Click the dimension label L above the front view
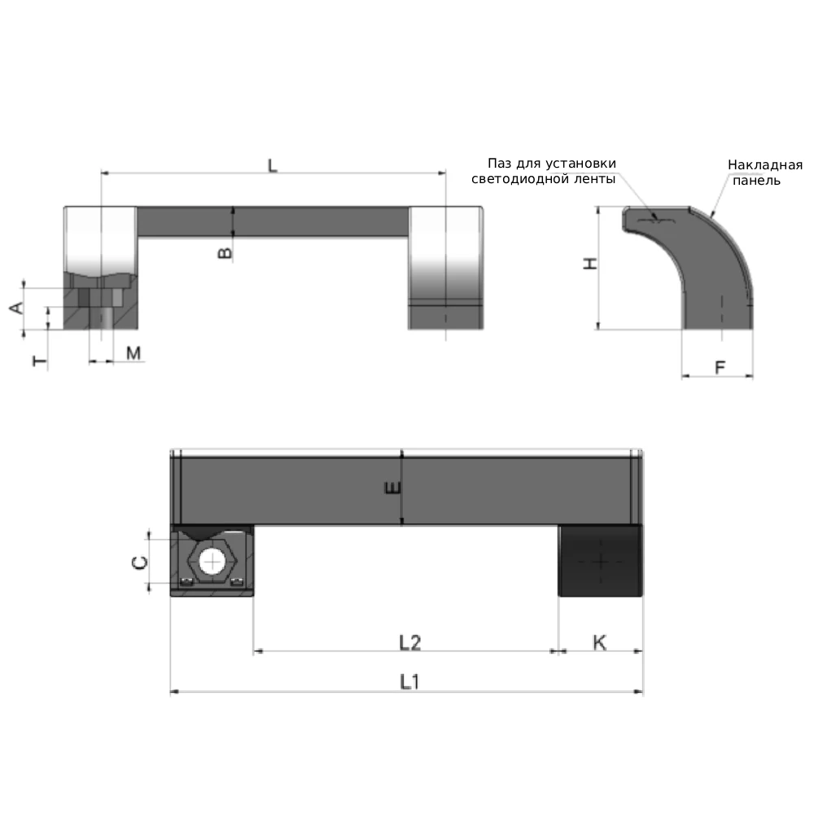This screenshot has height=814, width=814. coord(273,165)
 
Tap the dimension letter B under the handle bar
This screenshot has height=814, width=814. coord(225,253)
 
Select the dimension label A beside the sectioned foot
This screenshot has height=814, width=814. coord(16,308)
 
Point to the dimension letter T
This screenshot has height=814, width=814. coord(39,361)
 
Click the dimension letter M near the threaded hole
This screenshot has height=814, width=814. coord(133,353)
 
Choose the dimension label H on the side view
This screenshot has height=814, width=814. coord(590,264)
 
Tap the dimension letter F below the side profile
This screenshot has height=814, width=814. coord(720,368)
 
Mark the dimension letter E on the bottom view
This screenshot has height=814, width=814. coord(393,488)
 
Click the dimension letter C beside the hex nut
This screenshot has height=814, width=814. coord(140,562)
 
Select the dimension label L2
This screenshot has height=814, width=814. coord(409,643)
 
